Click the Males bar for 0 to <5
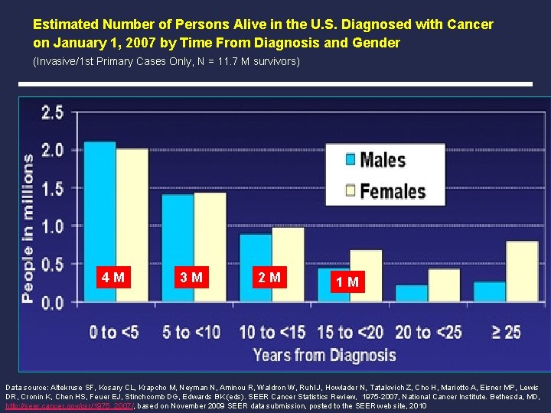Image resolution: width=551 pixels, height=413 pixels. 100,222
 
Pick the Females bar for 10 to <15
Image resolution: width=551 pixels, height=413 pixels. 288,265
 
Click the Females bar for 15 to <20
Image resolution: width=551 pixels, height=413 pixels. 366,275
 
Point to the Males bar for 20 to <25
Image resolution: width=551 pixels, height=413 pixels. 412,294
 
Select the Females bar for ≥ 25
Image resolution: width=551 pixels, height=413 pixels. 522,272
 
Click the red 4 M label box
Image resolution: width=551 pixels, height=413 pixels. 113,278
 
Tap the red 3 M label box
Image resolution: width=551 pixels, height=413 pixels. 191,278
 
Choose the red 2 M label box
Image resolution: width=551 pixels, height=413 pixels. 269,278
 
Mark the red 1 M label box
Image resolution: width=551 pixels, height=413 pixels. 347,282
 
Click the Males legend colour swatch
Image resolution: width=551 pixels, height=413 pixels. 350,160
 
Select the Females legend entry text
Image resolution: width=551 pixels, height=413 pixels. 393,190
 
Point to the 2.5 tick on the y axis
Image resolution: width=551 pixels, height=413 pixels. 53,113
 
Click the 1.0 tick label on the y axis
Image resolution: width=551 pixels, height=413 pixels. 53,226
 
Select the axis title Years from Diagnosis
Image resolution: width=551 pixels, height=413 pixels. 325,355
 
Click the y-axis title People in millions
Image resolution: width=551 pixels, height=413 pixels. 28,227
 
